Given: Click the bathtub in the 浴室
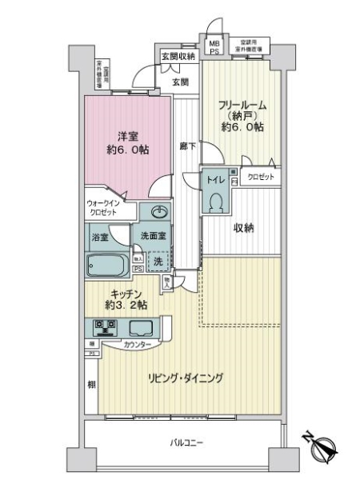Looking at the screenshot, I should (107, 265).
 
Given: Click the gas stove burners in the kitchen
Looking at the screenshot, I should (104, 326).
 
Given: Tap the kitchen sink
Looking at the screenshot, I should (141, 327).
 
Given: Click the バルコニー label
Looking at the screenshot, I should (186, 442).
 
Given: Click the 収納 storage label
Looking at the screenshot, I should (243, 228).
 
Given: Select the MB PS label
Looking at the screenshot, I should (214, 47).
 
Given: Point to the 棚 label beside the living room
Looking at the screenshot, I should (90, 385).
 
